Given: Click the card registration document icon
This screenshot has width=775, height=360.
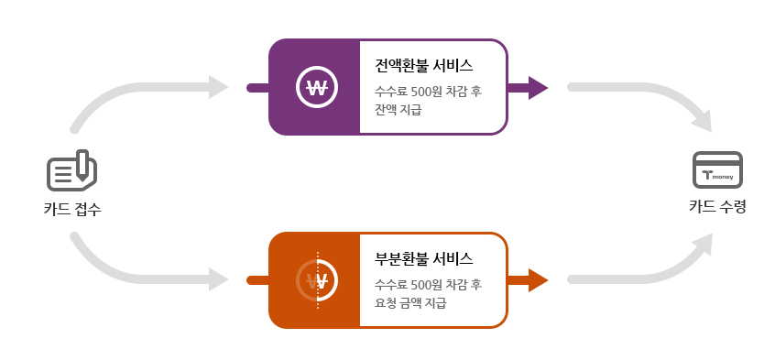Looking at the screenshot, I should coord(71,170).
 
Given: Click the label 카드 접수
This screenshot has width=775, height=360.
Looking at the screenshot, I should coord(71,209).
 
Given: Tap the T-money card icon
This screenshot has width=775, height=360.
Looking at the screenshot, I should coord(717,170).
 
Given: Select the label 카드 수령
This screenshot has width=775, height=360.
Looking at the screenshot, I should coord(717,206).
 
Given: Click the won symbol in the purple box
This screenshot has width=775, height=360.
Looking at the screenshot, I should coord(317,88).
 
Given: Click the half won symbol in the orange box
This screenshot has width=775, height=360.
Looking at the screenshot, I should coord(317,280).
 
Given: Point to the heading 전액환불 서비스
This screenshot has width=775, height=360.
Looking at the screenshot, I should coord(424,66).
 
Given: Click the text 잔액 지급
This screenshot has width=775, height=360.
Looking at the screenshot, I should coord(398,110).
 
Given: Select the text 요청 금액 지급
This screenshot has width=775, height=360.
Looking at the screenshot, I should coord(410,302).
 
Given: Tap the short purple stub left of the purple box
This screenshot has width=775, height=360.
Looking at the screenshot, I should coord(257,88).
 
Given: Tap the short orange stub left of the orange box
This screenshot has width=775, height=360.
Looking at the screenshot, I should coord(257,280).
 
